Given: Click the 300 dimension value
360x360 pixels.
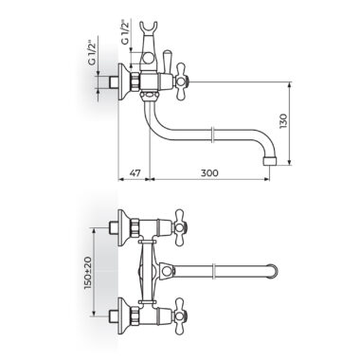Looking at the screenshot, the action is click(x=209, y=173).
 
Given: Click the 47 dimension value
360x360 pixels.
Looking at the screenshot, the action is click(x=135, y=173).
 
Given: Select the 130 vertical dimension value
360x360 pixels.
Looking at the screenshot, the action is click(x=283, y=121).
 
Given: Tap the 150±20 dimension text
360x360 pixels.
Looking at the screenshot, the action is click(x=88, y=273).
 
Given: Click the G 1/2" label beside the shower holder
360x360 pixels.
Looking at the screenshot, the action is click(x=125, y=32).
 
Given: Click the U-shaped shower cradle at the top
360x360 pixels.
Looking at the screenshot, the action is click(x=149, y=27).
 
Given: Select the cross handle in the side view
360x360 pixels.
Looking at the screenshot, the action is click(x=181, y=81).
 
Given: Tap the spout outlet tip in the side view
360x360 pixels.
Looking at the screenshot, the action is click(x=270, y=161).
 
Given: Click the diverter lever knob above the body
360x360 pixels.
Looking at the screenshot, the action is click(x=167, y=61).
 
